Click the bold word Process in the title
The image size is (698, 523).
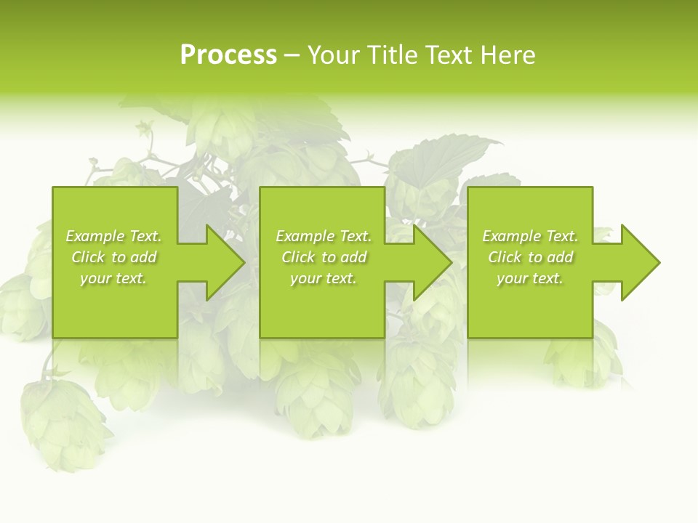[x=228, y=55]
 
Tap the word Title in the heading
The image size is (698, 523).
[x=388, y=55]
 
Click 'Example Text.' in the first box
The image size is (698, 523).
[x=113, y=236]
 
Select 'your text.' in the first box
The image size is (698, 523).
[x=113, y=278]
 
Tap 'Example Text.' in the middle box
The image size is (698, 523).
[x=324, y=236]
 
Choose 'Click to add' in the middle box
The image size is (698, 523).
[x=324, y=257]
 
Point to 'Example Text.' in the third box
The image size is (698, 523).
[x=530, y=236]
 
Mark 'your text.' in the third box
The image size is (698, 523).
[x=530, y=278]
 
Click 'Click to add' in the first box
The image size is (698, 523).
[x=113, y=257]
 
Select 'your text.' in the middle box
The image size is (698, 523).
[x=324, y=278]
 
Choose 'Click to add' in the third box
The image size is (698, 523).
[x=530, y=257]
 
